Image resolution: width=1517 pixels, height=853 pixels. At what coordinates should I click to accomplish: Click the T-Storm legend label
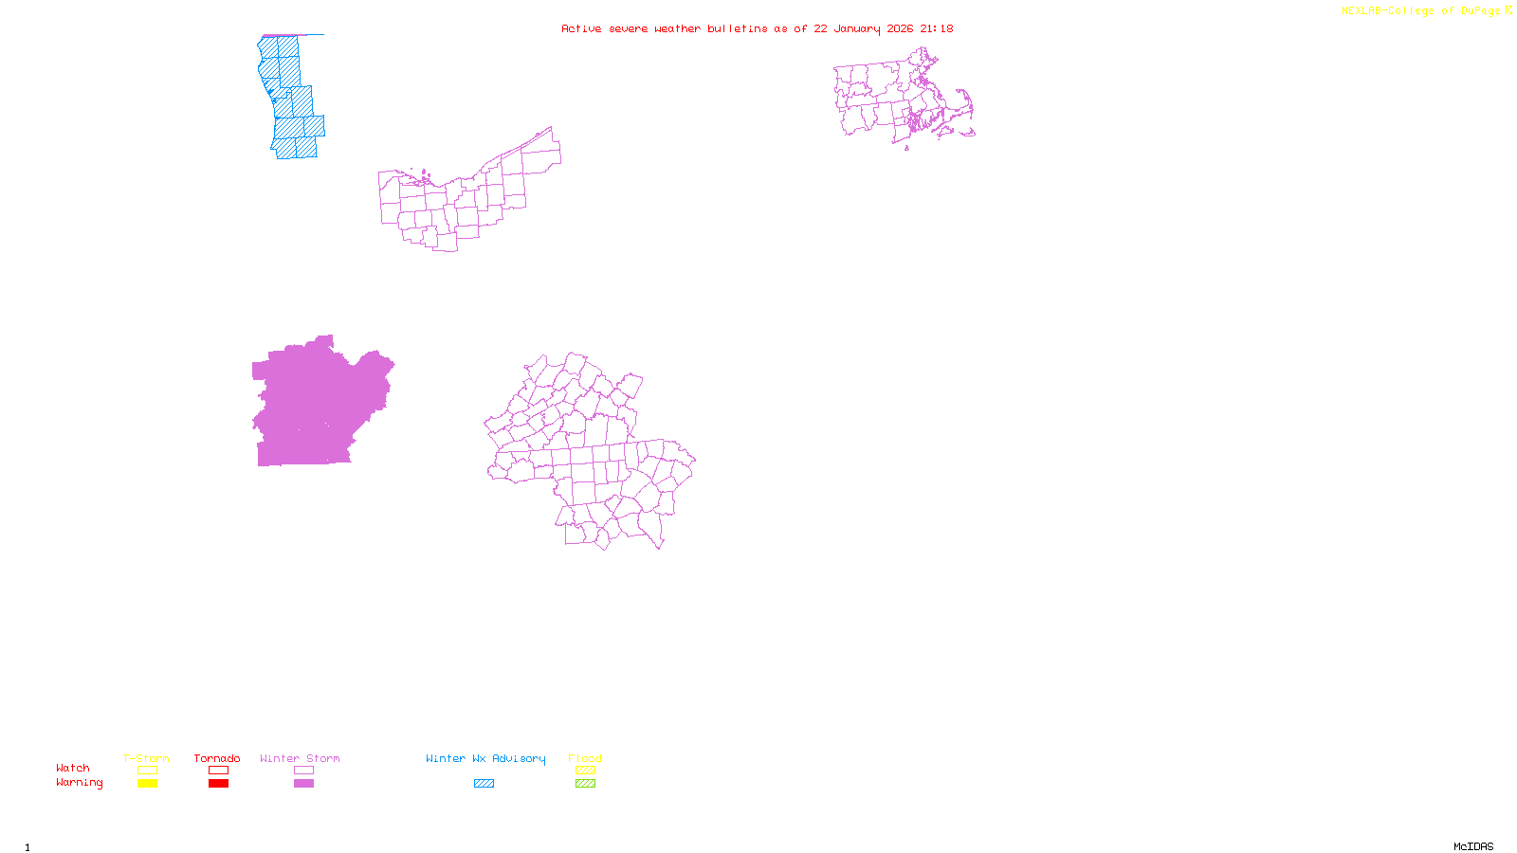click(146, 758)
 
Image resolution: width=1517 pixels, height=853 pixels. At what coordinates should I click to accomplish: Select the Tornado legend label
click(217, 758)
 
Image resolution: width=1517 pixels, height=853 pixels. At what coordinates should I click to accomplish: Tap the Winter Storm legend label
click(300, 758)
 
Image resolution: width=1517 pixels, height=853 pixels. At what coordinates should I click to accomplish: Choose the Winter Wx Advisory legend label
click(485, 758)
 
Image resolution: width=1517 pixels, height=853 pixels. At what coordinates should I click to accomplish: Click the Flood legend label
click(585, 758)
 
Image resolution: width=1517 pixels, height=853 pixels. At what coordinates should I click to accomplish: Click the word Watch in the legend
click(73, 768)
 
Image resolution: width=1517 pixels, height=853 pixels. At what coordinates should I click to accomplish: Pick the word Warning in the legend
click(80, 783)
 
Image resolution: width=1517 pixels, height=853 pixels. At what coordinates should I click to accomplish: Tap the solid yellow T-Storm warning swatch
click(147, 784)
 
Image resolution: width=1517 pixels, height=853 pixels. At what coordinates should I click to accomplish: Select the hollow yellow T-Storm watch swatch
click(147, 771)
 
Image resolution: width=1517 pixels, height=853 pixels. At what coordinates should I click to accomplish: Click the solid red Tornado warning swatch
click(219, 784)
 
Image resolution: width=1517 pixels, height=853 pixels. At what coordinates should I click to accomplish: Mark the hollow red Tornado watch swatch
click(219, 771)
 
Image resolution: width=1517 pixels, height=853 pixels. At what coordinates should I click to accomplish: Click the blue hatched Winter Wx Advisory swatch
click(484, 784)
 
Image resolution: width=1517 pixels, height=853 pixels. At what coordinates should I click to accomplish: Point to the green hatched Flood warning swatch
click(586, 784)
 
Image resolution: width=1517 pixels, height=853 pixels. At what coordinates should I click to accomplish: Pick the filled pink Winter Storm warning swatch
click(303, 784)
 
